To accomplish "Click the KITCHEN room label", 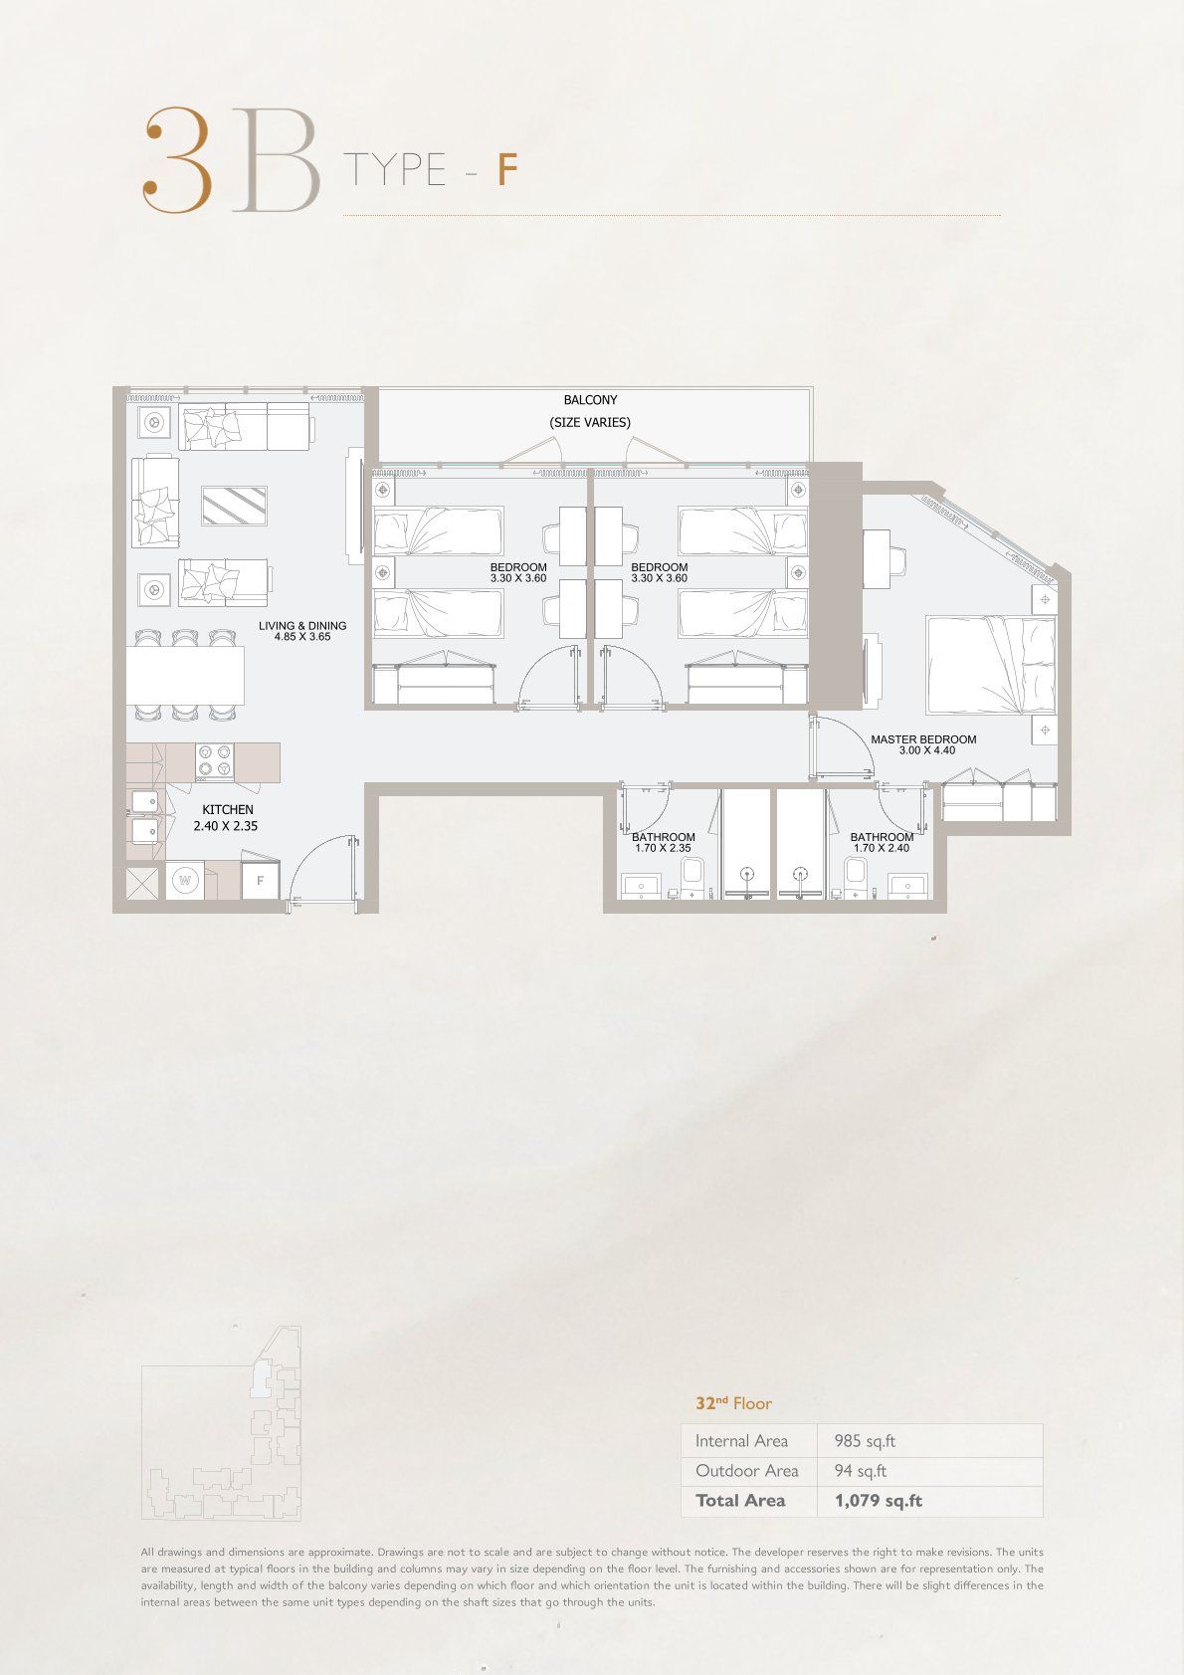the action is [228, 809].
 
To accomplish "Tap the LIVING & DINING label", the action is [302, 626].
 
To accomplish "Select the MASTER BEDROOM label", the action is [923, 739].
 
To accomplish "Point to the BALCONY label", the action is [590, 400].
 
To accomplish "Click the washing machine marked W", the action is [185, 880].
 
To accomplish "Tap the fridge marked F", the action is [260, 881].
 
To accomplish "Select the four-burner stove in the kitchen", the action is [215, 761].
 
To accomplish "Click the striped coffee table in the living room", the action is [234, 506].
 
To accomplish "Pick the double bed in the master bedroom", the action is [990, 665].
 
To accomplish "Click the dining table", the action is [185, 675].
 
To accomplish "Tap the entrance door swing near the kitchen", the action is [323, 871].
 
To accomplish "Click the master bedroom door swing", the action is [841, 747].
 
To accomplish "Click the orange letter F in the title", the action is [507, 170].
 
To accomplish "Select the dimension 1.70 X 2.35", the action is [663, 848].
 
